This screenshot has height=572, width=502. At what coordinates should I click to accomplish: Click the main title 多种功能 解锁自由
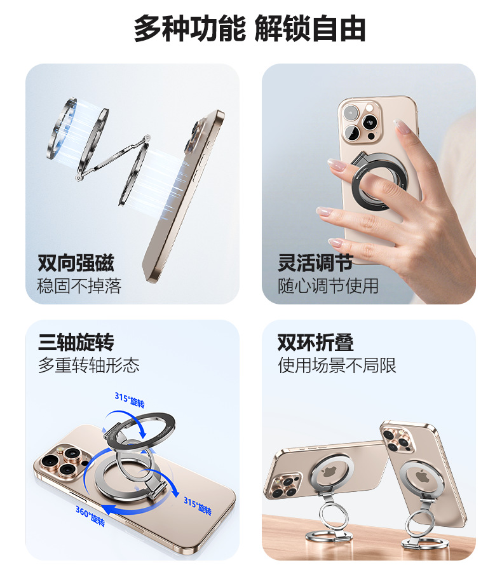[250, 29]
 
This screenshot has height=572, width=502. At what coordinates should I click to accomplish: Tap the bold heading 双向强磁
[76, 263]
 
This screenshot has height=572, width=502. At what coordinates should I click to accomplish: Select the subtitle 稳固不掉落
[79, 286]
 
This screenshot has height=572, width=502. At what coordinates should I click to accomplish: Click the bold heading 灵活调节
[315, 263]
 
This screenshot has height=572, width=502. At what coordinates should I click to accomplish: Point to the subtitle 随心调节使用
[328, 286]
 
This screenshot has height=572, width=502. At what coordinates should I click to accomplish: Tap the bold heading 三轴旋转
[76, 342]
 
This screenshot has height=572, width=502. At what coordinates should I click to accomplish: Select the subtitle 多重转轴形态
[89, 365]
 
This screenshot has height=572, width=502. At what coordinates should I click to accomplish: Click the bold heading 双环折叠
[315, 342]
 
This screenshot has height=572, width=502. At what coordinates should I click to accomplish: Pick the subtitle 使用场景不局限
[337, 365]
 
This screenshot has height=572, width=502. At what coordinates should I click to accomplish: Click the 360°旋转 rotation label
[90, 516]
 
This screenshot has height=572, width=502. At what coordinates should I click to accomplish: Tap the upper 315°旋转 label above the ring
[130, 400]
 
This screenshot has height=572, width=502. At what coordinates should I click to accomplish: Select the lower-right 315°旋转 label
[198, 506]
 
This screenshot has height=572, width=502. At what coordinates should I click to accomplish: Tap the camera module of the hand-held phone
[360, 123]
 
